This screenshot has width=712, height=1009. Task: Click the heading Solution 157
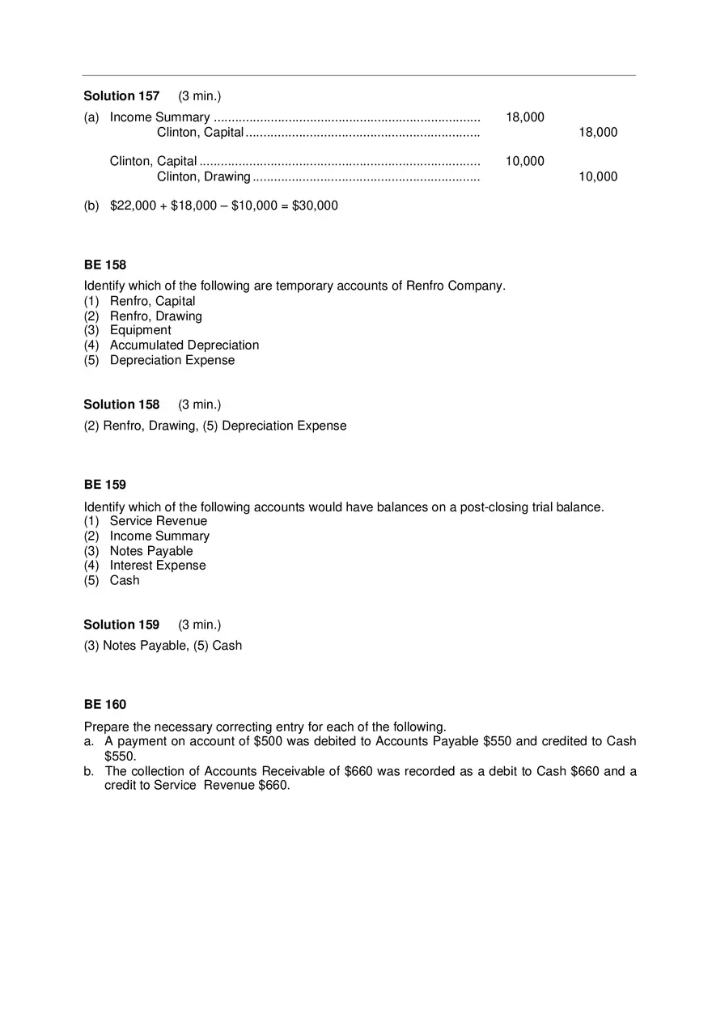pyautogui.click(x=121, y=96)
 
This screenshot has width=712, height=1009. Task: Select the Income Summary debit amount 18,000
pyautogui.click(x=525, y=117)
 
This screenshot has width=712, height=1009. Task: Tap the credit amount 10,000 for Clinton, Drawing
pyautogui.click(x=598, y=176)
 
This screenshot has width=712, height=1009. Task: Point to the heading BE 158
pyautogui.click(x=105, y=265)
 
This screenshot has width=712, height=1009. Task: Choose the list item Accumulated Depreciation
pyautogui.click(x=184, y=346)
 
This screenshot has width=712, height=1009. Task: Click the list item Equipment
pyautogui.click(x=141, y=330)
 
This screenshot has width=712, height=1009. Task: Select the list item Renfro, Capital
pyautogui.click(x=153, y=301)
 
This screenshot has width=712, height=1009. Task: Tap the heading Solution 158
pyautogui.click(x=121, y=405)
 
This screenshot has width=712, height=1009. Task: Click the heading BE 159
pyautogui.click(x=105, y=485)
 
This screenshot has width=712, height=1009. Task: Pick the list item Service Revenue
pyautogui.click(x=159, y=521)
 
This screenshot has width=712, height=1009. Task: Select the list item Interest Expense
pyautogui.click(x=158, y=566)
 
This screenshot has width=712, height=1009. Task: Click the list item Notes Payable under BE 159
pyautogui.click(x=151, y=551)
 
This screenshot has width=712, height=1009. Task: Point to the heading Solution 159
pyautogui.click(x=121, y=625)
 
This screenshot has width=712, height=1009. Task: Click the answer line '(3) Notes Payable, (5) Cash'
pyautogui.click(x=163, y=646)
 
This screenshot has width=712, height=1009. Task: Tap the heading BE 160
pyautogui.click(x=105, y=705)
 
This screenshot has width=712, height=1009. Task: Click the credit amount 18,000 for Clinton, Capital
pyautogui.click(x=598, y=133)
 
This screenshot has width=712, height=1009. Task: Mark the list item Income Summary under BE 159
pyautogui.click(x=159, y=536)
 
